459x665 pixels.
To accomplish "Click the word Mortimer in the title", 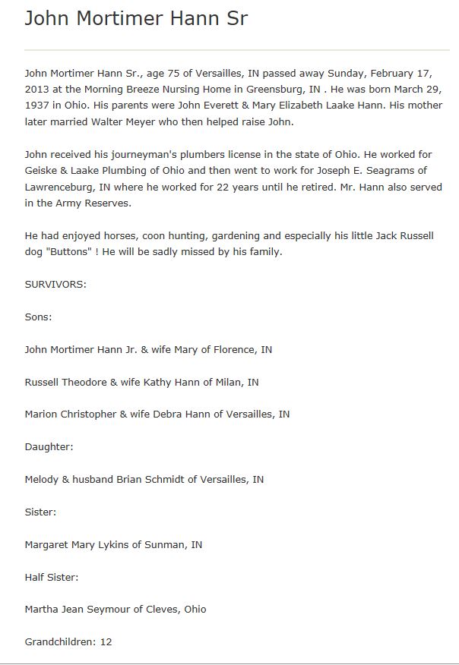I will (109, 18).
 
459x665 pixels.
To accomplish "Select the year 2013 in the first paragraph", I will (37, 89).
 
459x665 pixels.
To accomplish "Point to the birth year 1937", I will (37, 106).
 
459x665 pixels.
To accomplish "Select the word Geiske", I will (43, 170).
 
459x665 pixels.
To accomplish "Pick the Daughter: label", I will (49, 447).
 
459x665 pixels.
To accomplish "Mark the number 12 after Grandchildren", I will (106, 642).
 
